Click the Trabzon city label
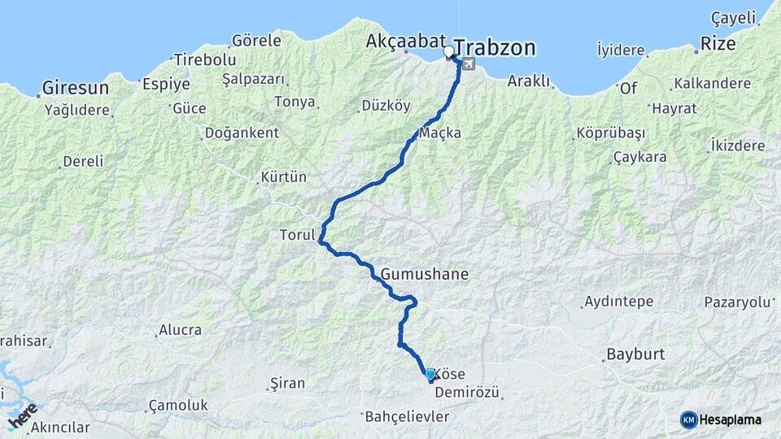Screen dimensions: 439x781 click(x=495, y=48)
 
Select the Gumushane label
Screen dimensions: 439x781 click(x=424, y=274)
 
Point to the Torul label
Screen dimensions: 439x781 click(x=296, y=235)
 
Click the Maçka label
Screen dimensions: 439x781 click(x=440, y=132)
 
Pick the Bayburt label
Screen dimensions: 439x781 click(x=635, y=355)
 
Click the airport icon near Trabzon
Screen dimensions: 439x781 click(x=469, y=64)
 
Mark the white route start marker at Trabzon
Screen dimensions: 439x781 click(x=448, y=52)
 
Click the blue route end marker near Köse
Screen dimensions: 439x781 click(x=430, y=374)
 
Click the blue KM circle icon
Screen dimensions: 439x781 click(x=689, y=419)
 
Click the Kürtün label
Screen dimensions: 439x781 click(x=283, y=176)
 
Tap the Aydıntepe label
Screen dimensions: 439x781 click(x=618, y=302)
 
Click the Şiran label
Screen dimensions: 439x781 click(x=287, y=383)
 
